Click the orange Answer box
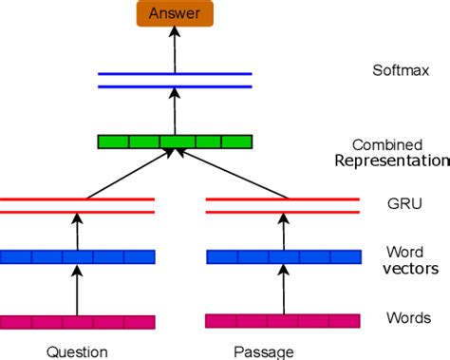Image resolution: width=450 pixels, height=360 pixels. (175, 14)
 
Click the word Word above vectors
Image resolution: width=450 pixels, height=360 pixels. (404, 254)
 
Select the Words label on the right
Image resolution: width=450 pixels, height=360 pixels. (408, 317)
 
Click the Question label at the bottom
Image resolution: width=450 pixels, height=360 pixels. (77, 351)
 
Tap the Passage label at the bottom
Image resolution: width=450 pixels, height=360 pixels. (283, 351)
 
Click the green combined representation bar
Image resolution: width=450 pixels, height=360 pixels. (175, 142)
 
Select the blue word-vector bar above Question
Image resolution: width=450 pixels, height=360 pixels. (77, 256)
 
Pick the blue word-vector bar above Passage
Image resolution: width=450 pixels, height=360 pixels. (283, 256)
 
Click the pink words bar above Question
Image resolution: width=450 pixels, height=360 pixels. (77, 321)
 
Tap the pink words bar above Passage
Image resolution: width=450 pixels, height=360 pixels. (283, 321)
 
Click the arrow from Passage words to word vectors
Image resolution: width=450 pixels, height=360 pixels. (283, 290)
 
